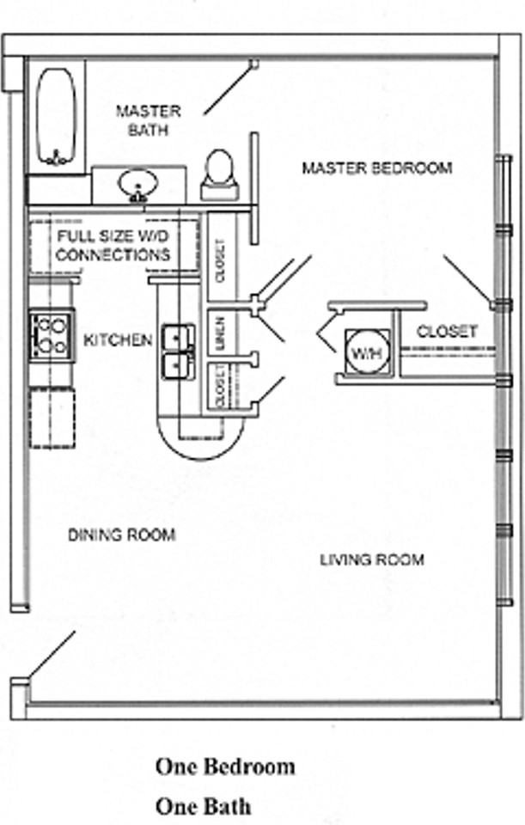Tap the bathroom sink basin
click(x=137, y=183)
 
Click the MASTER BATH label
click(x=149, y=120)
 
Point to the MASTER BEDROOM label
click(x=376, y=168)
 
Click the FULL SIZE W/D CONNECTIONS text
click(x=113, y=245)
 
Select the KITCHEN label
click(x=118, y=340)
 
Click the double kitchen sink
click(x=180, y=351)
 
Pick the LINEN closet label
click(x=220, y=335)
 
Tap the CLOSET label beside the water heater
click(x=447, y=332)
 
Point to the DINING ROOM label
click(x=121, y=535)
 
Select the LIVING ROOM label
click(x=372, y=560)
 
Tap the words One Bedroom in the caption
click(x=225, y=766)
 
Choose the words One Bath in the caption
click(x=204, y=806)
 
